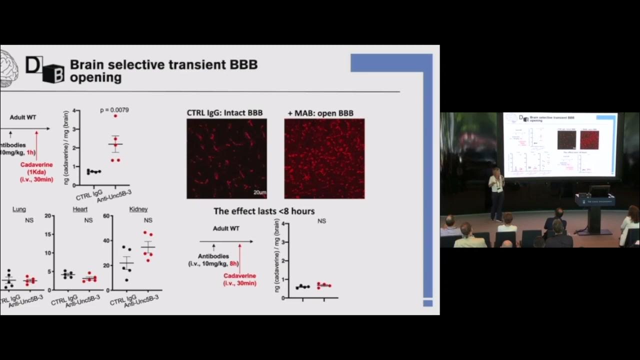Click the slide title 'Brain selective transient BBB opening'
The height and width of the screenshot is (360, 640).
[163, 71]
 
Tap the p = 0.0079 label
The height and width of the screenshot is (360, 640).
[114, 110]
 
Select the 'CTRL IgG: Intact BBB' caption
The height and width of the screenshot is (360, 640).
[224, 113]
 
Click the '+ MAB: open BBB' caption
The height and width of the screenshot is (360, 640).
[320, 113]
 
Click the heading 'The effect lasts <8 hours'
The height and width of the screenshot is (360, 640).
[264, 211]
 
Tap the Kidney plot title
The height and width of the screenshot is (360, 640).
[138, 209]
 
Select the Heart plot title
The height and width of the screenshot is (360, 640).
[80, 209]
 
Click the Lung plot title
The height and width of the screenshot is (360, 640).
[19, 209]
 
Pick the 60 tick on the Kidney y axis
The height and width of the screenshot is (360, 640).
[106, 216]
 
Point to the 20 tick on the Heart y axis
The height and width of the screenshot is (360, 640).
[48, 216]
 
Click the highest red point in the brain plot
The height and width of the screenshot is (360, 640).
[115, 116]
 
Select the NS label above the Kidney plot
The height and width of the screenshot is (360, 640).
[148, 220]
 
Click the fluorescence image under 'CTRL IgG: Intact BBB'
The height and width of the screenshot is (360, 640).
[226, 158]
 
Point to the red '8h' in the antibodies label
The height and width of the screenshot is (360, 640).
[234, 263]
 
